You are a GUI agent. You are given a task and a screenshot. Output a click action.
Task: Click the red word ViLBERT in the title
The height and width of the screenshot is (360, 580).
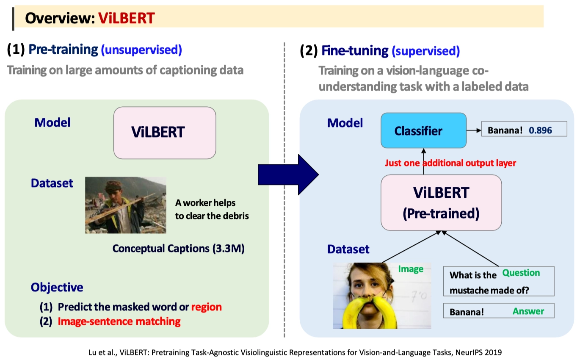coord(126,18)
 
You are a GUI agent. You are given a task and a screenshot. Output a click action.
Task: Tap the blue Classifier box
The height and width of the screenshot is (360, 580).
coord(424,130)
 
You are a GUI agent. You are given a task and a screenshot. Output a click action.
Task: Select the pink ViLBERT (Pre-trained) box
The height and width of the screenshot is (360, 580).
coord(441,202)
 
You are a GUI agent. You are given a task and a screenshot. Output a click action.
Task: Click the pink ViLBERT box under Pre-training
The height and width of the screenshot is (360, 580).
coord(165,133)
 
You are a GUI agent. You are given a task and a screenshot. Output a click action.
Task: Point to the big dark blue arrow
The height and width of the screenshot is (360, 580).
coord(288,174)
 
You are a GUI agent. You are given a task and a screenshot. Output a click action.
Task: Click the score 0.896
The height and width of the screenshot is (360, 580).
coord(540,130)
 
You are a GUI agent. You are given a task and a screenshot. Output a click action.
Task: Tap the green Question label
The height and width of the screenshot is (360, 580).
coord(521,273)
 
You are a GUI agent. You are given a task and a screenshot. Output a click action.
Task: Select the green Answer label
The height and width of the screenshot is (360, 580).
coord(528,311)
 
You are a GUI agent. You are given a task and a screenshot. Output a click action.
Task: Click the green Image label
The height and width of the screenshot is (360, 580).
coord(411,269)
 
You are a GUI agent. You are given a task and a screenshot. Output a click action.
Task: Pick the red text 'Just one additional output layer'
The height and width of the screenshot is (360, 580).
coord(450,163)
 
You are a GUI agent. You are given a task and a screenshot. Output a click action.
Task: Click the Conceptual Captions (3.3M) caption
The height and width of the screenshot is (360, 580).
coord(178,248)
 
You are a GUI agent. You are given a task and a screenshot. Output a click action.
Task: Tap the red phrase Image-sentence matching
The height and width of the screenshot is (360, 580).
coord(119,321)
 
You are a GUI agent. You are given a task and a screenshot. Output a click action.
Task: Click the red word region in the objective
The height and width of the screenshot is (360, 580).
coord(206,307)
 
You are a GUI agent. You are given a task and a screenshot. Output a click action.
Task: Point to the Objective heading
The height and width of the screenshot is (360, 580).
coord(57,287)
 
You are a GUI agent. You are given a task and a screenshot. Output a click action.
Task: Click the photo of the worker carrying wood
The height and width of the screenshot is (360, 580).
coord(126,205)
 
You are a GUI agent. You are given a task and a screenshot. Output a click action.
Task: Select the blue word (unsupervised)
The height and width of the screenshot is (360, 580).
coord(141,50)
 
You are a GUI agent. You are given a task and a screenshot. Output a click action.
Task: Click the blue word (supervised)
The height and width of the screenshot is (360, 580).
coord(425,51)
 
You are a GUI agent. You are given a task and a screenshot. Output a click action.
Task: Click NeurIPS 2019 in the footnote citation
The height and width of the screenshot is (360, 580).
coord(478,352)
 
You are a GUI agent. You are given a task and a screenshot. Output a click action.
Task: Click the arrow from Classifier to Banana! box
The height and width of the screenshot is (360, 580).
coord(474,130)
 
